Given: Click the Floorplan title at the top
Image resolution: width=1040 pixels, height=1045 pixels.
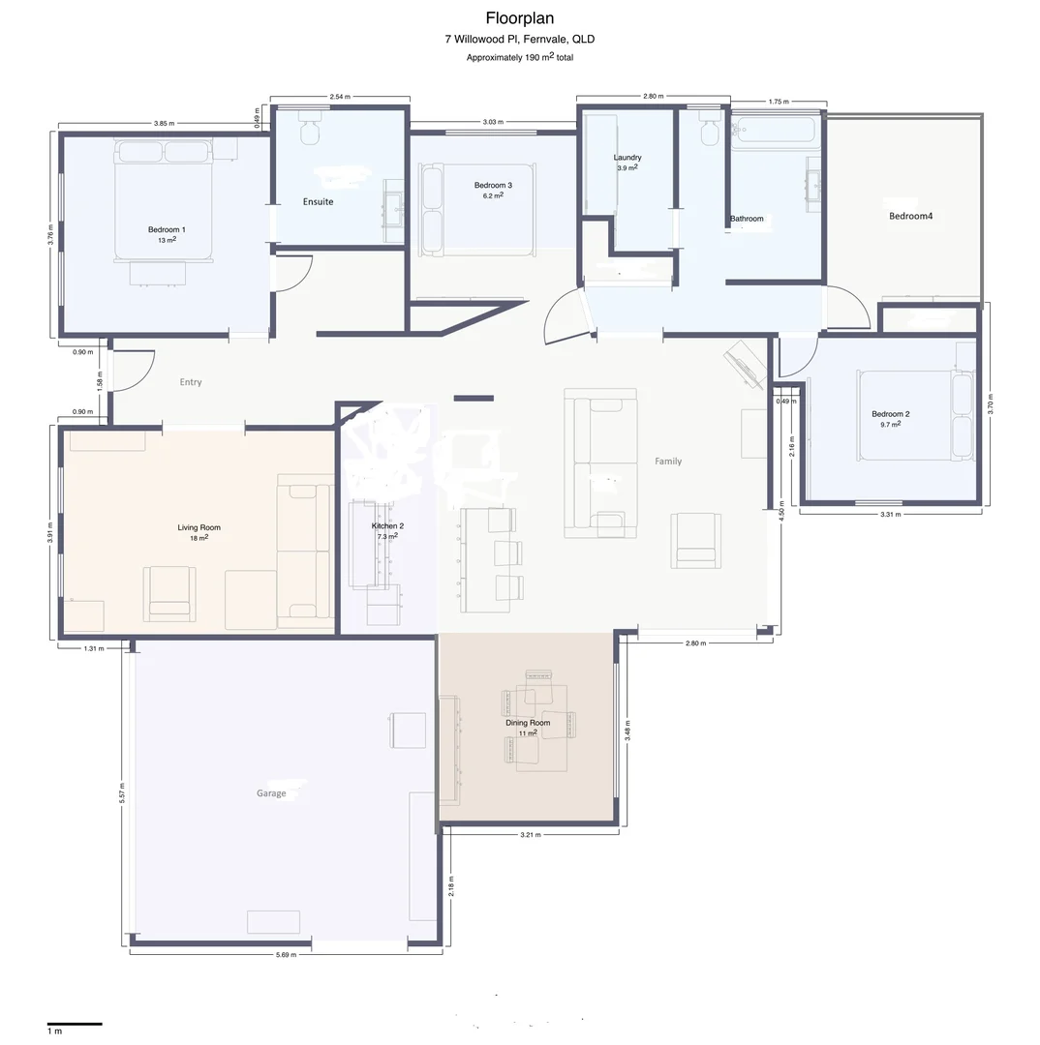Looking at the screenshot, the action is click(x=520, y=18).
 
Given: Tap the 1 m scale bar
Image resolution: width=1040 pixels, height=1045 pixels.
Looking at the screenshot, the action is click(x=75, y=1023).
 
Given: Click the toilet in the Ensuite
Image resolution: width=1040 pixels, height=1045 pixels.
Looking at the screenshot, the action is click(x=310, y=128).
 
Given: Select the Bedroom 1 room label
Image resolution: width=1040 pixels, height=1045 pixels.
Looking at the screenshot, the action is click(x=167, y=230).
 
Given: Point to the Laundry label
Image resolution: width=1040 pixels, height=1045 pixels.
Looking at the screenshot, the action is click(x=627, y=158).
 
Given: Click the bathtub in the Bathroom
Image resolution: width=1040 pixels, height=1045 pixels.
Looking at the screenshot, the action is click(x=775, y=131).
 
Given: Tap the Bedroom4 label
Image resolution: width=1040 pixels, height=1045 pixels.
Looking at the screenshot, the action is click(x=910, y=216).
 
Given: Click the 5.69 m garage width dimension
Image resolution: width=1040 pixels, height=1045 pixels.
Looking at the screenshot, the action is click(x=287, y=954).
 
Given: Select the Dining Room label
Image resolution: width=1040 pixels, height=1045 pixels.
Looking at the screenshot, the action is click(x=528, y=723).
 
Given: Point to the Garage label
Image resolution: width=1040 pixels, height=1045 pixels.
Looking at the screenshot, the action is click(x=271, y=793).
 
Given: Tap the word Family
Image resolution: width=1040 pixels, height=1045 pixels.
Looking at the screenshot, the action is click(x=668, y=462).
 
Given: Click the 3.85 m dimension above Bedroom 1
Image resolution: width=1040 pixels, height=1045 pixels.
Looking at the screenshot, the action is click(x=164, y=123).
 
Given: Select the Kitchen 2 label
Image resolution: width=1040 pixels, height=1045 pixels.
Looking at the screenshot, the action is click(x=387, y=525).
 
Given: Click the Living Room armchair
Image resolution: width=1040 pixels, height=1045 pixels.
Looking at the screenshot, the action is click(x=169, y=592).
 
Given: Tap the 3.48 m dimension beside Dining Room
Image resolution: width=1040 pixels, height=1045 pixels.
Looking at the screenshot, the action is click(x=627, y=731).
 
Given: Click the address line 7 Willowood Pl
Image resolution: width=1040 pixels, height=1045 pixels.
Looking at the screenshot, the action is click(x=520, y=40).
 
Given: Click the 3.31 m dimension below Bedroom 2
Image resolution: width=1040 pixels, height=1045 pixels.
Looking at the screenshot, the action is click(x=891, y=515).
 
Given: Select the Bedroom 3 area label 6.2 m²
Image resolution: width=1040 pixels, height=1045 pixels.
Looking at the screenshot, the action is click(x=493, y=195).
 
